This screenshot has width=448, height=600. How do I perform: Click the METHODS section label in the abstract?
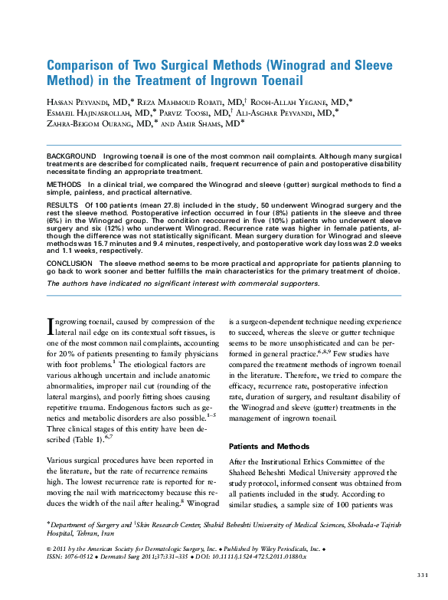(64, 185)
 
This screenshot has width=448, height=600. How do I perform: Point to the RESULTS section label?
(62, 206)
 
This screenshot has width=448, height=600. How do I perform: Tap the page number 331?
(422, 574)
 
